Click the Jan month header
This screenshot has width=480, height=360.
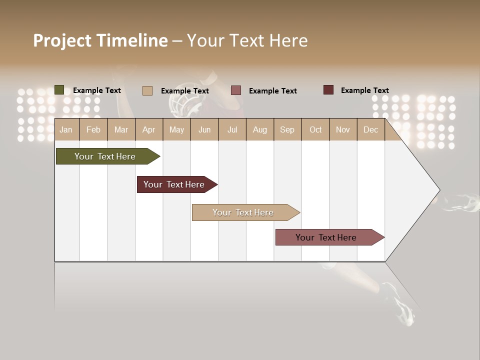tap(66, 129)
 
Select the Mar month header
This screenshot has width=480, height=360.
tap(121, 129)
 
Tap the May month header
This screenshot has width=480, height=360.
tap(176, 129)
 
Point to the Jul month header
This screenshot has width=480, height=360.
tap(232, 129)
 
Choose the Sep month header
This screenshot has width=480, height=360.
tap(287, 129)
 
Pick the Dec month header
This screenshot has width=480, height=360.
tap(370, 129)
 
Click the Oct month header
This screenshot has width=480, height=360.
tap(315, 129)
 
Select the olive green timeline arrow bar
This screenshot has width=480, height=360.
tap(105, 156)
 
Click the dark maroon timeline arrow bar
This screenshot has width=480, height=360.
tap(174, 184)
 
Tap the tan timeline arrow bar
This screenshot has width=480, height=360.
tap(243, 212)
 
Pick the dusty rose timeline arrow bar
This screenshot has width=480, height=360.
tap(326, 237)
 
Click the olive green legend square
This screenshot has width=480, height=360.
tap(59, 90)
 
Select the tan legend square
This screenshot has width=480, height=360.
tap(147, 90)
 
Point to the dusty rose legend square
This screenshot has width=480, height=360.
tap(236, 90)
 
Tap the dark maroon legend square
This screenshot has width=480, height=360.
tap(328, 90)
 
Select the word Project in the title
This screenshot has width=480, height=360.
tap(62, 40)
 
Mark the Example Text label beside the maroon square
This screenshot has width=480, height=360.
tap(365, 90)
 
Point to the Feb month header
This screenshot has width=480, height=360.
tap(93, 129)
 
